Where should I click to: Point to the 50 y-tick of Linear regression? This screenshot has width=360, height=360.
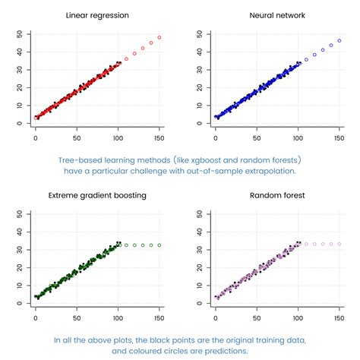19,34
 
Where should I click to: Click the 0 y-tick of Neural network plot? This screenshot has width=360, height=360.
199,123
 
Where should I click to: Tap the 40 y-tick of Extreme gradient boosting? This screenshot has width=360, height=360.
19,232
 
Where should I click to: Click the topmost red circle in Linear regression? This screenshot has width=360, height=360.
159,37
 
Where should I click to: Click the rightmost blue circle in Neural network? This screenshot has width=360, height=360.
339,40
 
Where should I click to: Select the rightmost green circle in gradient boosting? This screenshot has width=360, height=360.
159,245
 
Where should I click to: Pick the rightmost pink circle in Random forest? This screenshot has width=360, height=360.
339,244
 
